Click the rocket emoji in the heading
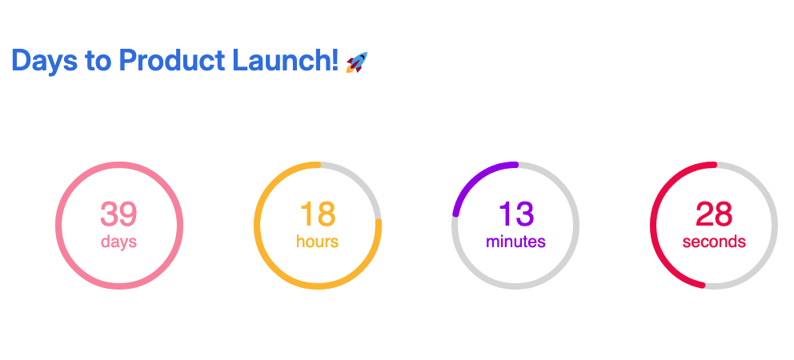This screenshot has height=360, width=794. point(356,62)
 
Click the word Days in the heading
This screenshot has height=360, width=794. point(45,61)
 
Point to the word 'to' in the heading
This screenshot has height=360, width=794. point(98,61)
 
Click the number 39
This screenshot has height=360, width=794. point(118,214)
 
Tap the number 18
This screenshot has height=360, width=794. point(318,214)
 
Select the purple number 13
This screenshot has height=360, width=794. point(516,214)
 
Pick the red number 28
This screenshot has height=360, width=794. point(714,214)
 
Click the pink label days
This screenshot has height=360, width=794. point(119,242)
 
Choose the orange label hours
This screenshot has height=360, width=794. point(318,242)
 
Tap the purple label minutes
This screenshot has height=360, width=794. point(515,242)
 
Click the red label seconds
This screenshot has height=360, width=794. point(714,242)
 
